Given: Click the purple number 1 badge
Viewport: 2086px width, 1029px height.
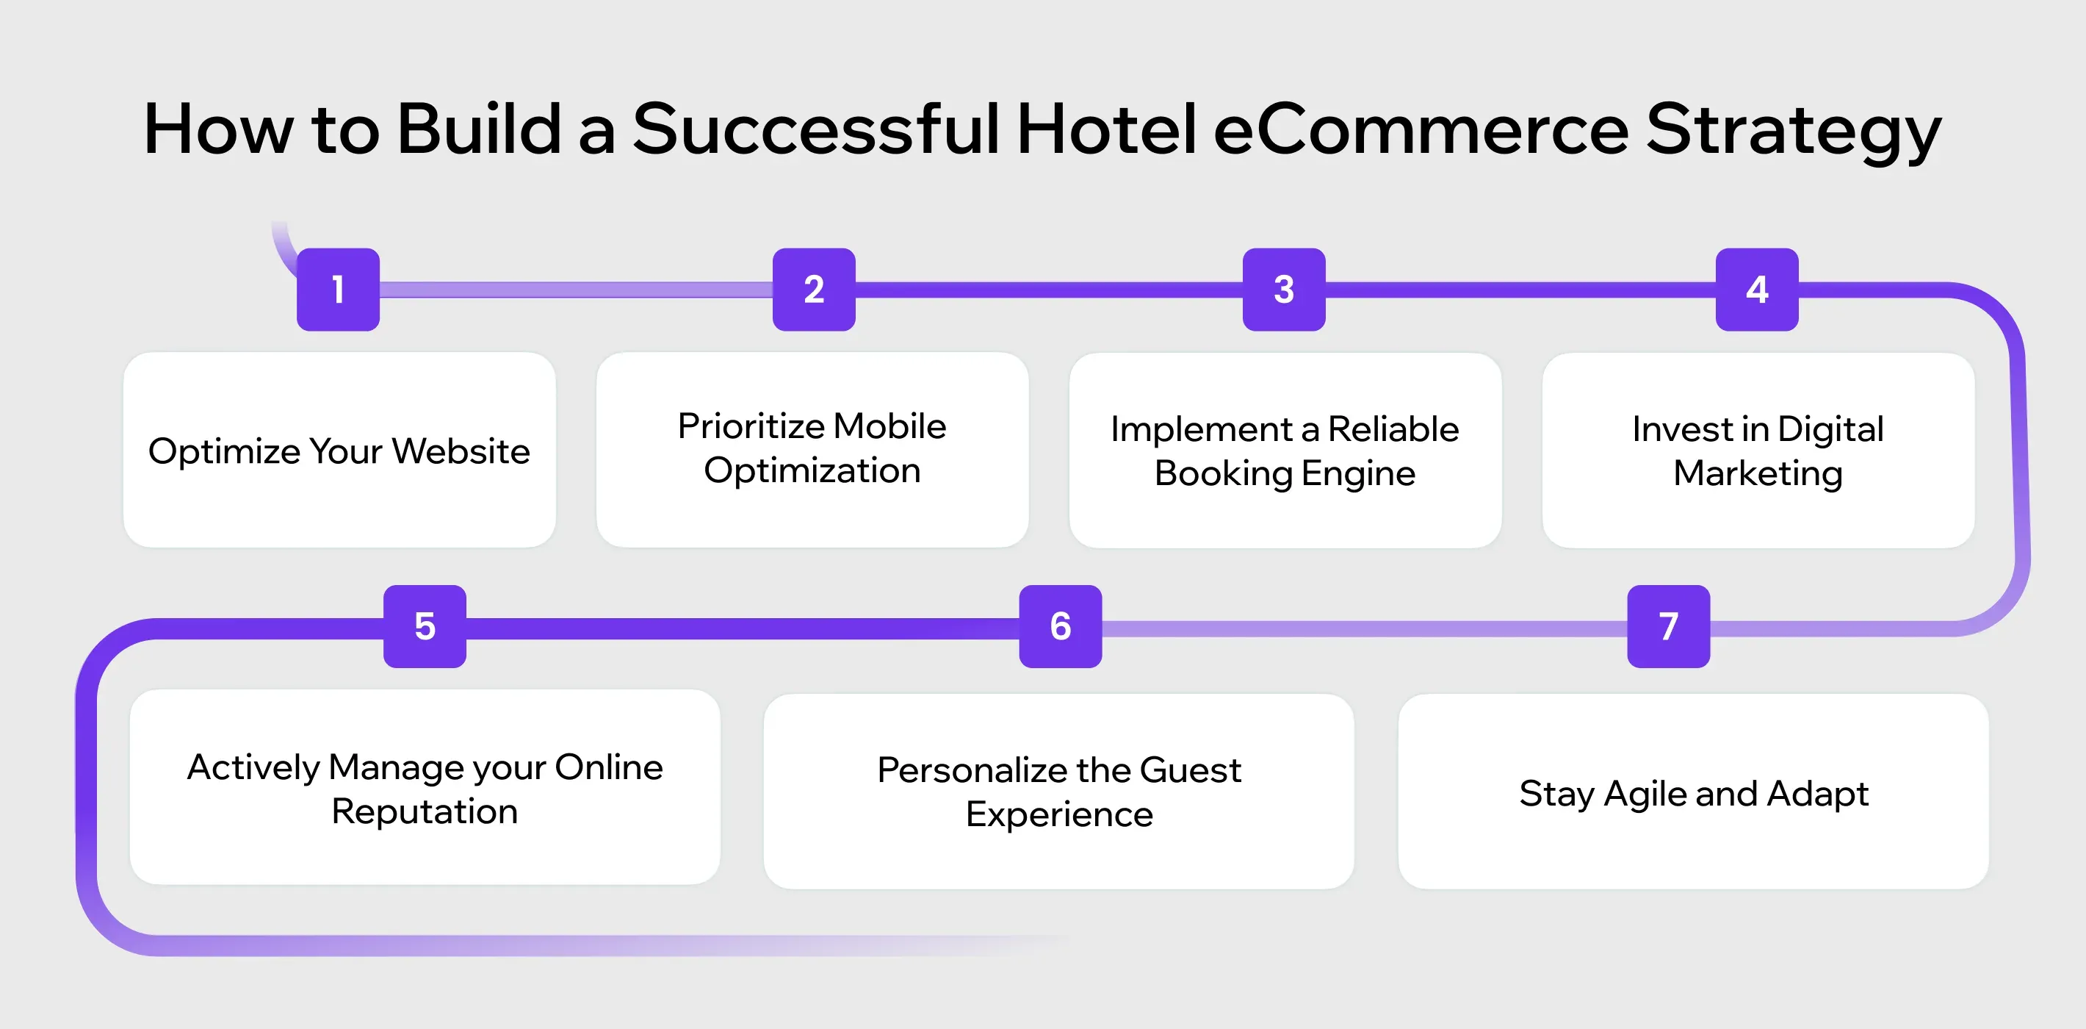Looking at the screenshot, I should coord(338,290).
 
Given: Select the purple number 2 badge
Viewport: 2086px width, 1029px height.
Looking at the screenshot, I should coord(814,290).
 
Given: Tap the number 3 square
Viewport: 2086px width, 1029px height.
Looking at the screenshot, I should coord(1283,290).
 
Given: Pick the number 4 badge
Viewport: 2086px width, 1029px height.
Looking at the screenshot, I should coord(1756,290).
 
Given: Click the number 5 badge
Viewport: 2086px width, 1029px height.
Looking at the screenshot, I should coord(425,626).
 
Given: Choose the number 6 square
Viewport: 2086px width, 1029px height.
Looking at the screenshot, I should coord(1060,626).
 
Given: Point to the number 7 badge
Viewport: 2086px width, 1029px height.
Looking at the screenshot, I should coord(1668,626).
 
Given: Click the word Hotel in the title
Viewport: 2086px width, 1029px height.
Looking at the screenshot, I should coord(1105,129).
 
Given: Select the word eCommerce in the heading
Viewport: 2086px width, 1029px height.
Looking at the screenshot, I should coord(1421,129).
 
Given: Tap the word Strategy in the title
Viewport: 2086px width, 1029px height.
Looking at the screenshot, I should coord(1793,134).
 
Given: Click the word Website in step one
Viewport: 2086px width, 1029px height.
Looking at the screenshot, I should coord(461,451).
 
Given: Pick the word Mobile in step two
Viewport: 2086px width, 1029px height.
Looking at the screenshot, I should coord(889,426).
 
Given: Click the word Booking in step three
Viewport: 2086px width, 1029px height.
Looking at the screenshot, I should coord(1223,474).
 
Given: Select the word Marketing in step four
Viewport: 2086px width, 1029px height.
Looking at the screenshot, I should coord(1757,474).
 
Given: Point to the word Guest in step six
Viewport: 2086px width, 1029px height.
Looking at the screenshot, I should coord(1190,770).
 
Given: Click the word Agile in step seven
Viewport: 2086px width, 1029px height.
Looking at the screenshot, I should coord(1645,794).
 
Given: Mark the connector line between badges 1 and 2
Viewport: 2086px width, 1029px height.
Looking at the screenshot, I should coord(575,290).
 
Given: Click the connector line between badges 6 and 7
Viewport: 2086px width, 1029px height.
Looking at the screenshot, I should coord(1365,628).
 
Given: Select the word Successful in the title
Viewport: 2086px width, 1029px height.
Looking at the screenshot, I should coord(815,129).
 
